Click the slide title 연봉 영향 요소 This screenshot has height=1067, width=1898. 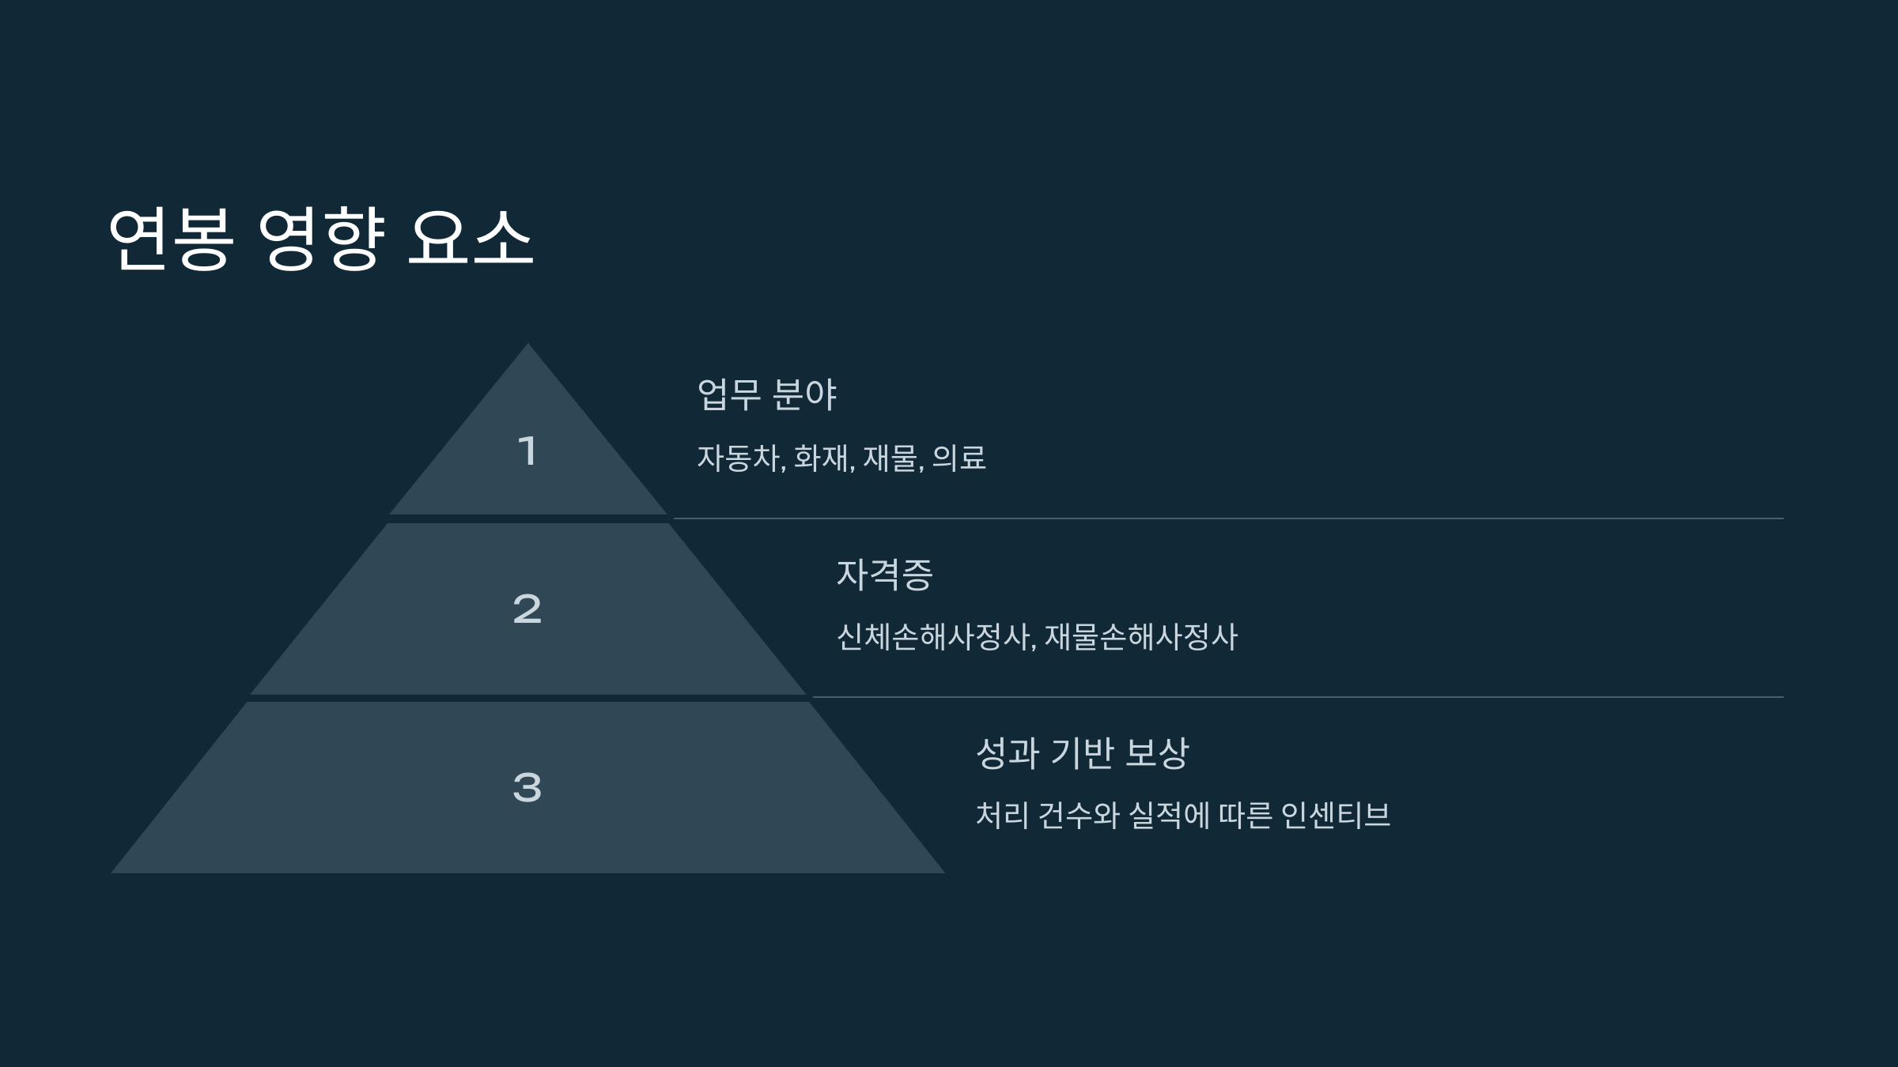pyautogui.click(x=320, y=239)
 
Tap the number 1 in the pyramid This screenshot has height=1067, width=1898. pyautogui.click(x=527, y=451)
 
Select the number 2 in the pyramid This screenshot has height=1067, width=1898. pyautogui.click(x=527, y=609)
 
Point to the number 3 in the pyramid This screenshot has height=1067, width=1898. pyautogui.click(x=527, y=788)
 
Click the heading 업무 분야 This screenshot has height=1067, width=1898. pyautogui.click(x=766, y=394)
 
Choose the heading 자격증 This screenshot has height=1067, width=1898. pyautogui.click(x=884, y=574)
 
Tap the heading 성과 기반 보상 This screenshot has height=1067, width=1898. pyautogui.click(x=1082, y=752)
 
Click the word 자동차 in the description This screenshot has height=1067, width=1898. pyautogui.click(x=739, y=458)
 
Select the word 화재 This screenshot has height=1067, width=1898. pyautogui.click(x=822, y=458)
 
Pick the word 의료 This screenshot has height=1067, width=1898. pyautogui.click(x=959, y=458)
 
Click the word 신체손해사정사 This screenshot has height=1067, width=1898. pyautogui.click(x=934, y=637)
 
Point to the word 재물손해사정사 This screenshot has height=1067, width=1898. pyautogui.click(x=1140, y=637)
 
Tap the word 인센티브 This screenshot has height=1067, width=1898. pyautogui.click(x=1335, y=816)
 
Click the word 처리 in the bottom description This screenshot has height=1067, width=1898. pyautogui.click(x=1002, y=816)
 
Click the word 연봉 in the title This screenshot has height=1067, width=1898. pyautogui.click(x=171, y=239)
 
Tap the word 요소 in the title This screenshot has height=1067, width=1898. pyautogui.click(x=471, y=239)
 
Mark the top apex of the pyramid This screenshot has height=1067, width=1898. pyautogui.click(x=527, y=346)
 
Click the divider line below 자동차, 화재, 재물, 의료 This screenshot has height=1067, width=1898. pyautogui.click(x=1226, y=518)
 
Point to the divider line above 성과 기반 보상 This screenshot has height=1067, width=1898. pyautogui.click(x=1297, y=697)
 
